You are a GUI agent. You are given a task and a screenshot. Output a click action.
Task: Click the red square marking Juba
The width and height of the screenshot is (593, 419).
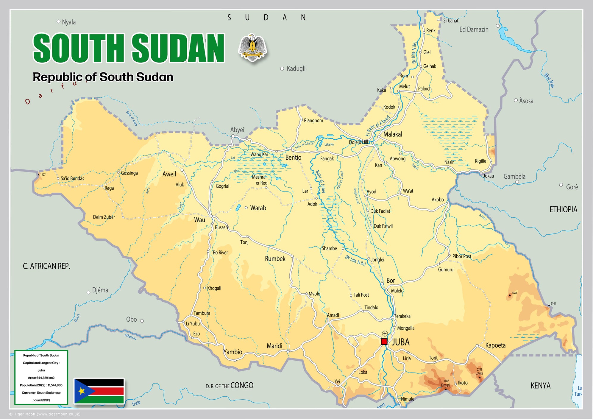pos(384,342)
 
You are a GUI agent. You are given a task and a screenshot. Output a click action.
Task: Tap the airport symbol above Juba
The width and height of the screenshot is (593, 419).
pos(385,334)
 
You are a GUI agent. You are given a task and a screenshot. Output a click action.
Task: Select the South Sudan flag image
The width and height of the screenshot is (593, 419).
pos(99,391)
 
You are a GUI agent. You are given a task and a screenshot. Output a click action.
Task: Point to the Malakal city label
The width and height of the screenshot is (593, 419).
pos(392,134)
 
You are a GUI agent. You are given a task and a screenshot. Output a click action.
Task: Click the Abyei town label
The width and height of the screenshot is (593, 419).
pos(237,130)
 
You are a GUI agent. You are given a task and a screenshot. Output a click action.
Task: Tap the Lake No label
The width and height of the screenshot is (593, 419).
pos(329,144)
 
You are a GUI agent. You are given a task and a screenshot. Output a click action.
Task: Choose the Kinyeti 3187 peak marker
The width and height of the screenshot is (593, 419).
pos(446,389)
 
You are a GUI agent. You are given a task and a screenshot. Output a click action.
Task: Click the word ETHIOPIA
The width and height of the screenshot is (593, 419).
pos(563,210)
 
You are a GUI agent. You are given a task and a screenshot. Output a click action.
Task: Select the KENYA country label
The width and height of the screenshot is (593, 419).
pos(540,386)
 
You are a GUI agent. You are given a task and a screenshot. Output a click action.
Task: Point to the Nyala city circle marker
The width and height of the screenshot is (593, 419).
pos(58,21)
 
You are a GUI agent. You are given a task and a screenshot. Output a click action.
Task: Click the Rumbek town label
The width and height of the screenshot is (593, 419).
pos(275,259)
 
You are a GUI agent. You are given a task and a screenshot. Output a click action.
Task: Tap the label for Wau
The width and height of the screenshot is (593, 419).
pos(199,220)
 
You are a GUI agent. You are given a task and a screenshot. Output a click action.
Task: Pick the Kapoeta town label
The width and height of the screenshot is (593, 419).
pos(495,345)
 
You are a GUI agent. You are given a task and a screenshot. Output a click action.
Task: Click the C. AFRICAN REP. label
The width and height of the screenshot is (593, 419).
pos(46,266)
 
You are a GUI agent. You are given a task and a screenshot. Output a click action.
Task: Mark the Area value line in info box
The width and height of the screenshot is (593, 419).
pos(41,378)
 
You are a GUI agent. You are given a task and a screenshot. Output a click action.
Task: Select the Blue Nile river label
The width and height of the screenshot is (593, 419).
pos(549,80)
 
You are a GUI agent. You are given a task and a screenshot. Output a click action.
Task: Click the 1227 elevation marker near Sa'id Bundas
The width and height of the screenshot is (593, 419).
pos(39,175)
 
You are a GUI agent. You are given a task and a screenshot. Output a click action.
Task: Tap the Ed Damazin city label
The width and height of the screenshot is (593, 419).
pos(474,29)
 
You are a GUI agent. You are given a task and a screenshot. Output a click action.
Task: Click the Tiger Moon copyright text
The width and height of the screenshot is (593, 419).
pos(45,414)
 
